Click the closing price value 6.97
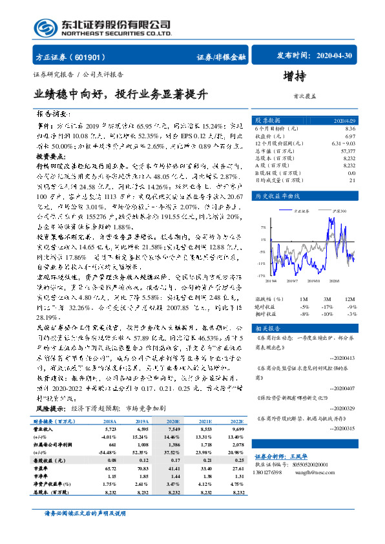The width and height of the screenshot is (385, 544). tap(349, 136)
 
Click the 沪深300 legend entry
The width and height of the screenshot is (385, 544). tap(337, 211)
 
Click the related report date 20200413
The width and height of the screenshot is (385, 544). tap(342, 357)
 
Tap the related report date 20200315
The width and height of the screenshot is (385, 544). tap(342, 428)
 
